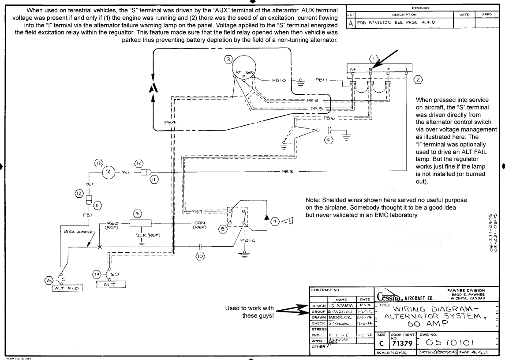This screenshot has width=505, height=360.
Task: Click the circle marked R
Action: (x=108, y=172)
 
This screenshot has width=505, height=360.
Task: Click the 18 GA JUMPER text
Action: (x=72, y=231)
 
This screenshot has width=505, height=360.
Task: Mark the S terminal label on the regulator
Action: (x=371, y=70)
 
